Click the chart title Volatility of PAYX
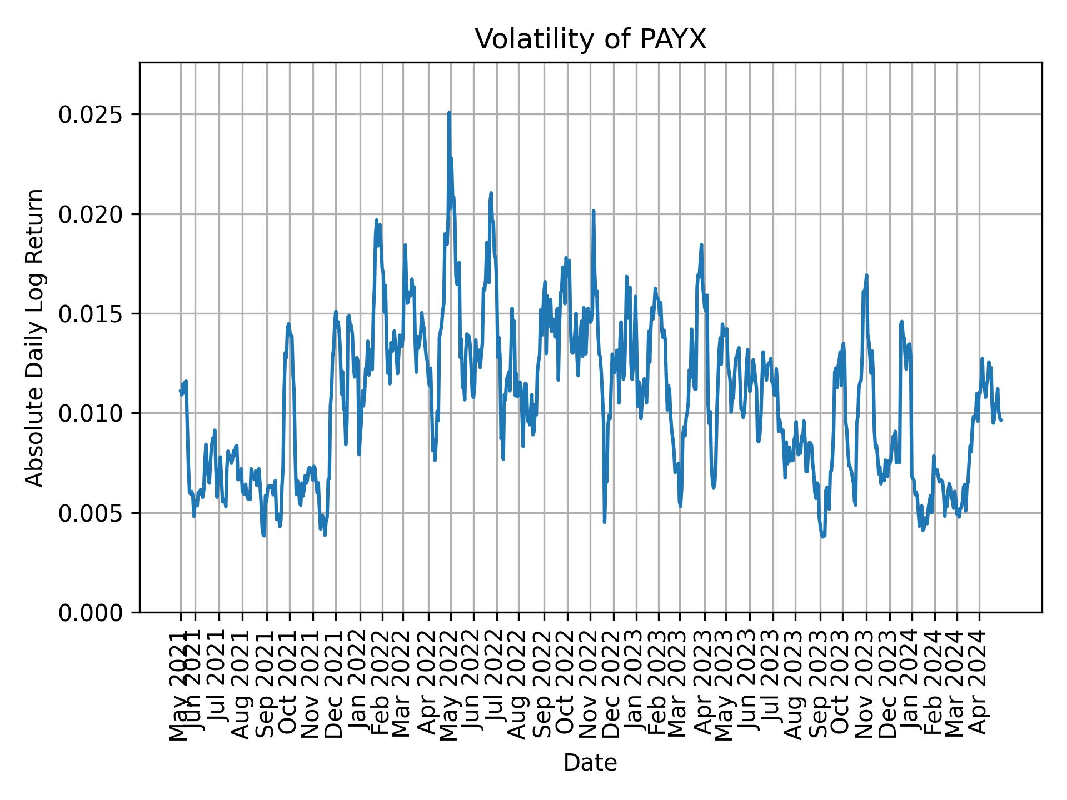590,39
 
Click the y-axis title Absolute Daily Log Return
36,337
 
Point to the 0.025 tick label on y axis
91,114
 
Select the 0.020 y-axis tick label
91,214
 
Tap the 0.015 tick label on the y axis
91,314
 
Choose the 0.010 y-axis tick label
91,413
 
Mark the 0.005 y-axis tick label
91,513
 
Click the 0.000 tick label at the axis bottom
91,612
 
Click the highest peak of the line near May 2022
449,112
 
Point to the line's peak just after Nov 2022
594,211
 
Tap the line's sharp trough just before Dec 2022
605,522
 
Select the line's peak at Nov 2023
866,275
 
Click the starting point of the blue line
180,391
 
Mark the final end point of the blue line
1001,420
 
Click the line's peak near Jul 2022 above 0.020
491,193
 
